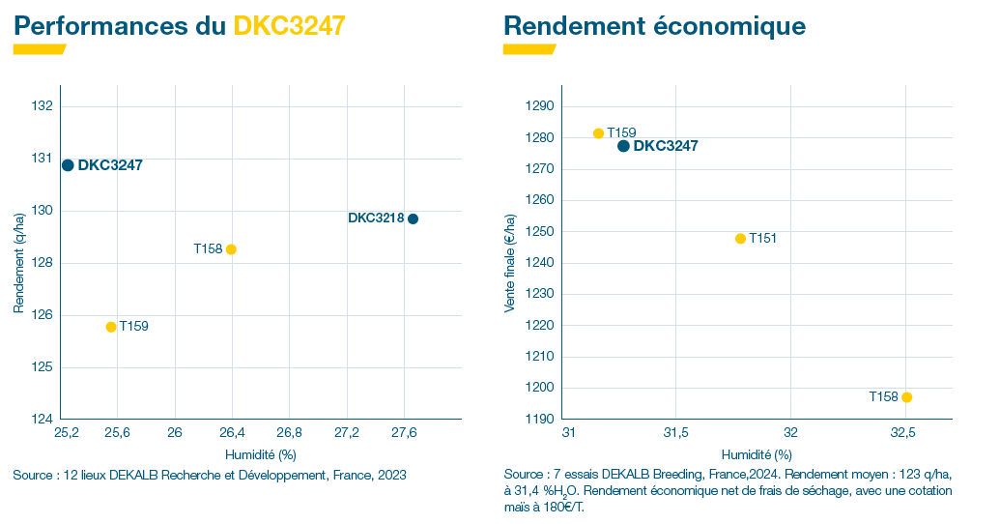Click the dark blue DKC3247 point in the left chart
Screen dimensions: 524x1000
[68, 165]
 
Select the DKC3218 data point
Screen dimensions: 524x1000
[413, 218]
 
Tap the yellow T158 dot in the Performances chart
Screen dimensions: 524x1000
[231, 249]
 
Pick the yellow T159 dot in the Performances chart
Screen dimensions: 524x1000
[111, 327]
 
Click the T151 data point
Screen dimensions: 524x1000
[741, 239]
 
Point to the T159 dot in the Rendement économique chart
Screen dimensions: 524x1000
[598, 133]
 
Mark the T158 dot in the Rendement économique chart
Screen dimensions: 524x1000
[906, 397]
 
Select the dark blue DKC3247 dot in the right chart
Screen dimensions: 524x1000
[623, 146]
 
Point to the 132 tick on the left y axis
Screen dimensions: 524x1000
[44, 105]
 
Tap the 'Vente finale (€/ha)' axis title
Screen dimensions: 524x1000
[510, 262]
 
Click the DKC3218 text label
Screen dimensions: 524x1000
[375, 218]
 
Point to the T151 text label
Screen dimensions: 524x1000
[762, 239]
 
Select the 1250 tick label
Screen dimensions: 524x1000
[539, 231]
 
